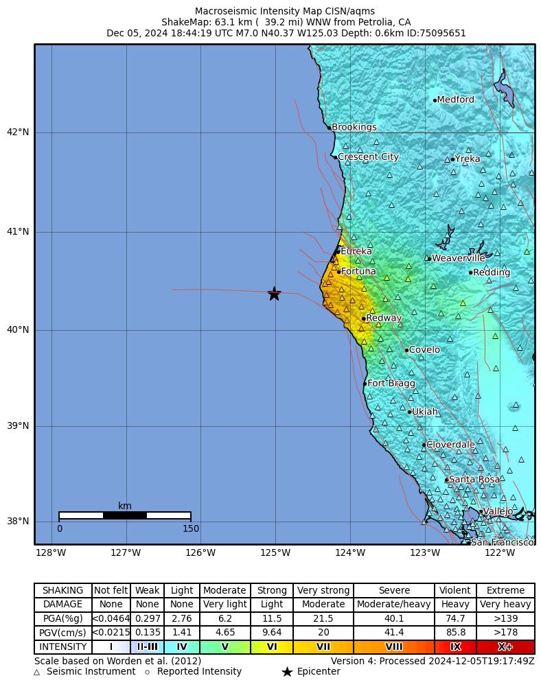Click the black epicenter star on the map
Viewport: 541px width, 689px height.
(x=274, y=294)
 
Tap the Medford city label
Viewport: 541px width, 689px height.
(x=455, y=100)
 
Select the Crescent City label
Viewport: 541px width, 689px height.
(x=368, y=157)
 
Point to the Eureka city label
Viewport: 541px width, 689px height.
(x=356, y=252)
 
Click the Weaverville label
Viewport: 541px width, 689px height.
(x=459, y=259)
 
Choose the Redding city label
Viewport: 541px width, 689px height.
(x=492, y=272)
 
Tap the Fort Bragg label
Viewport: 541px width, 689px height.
(x=391, y=384)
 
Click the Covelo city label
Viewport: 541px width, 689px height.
(x=424, y=350)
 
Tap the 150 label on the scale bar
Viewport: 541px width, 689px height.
(x=191, y=529)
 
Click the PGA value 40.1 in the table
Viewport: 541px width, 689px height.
(x=394, y=618)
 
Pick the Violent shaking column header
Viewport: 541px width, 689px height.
(x=455, y=590)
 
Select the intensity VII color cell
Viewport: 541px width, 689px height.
(x=323, y=646)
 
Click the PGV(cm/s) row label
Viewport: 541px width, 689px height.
(x=63, y=632)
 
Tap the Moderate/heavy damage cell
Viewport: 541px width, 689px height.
(x=394, y=605)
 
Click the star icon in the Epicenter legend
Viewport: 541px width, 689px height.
(x=287, y=672)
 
